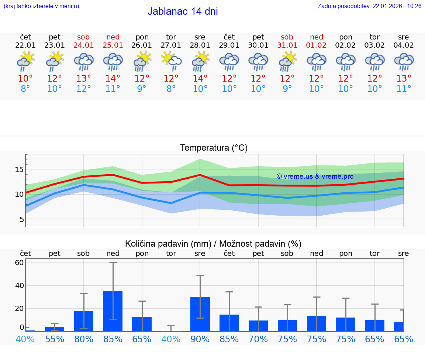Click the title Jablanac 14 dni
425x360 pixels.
(183, 11)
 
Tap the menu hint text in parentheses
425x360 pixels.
(41, 6)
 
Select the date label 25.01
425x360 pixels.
(113, 45)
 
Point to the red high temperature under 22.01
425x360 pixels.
(25, 79)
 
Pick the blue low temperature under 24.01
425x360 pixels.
(84, 89)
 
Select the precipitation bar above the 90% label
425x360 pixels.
(200, 314)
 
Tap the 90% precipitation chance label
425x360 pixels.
(200, 339)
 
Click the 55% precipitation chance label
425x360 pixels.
(55, 339)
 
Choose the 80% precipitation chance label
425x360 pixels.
(84, 339)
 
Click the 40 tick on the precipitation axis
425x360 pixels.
(19, 285)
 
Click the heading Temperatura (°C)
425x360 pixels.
(214, 148)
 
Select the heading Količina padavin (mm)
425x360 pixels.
(168, 244)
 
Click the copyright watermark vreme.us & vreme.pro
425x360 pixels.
(315, 176)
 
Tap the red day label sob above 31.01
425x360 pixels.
(287, 37)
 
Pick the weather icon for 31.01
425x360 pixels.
(287, 61)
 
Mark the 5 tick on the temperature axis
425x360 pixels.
(21, 219)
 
